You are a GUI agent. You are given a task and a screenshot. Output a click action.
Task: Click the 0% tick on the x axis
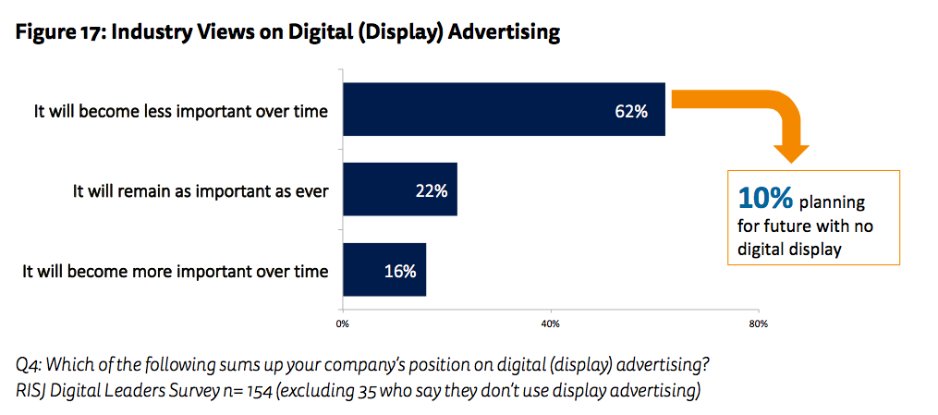[342, 323]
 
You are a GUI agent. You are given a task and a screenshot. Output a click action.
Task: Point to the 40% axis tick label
[550, 323]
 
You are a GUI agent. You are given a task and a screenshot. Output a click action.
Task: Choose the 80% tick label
[759, 323]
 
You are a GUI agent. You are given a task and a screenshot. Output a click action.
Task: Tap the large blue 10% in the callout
[765, 198]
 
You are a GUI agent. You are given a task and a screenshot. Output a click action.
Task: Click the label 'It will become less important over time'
[181, 111]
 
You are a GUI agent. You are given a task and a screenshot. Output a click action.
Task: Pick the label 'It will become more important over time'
[175, 271]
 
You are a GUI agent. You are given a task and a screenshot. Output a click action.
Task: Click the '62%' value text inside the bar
[631, 111]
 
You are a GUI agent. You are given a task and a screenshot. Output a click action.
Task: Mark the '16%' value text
[399, 271]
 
